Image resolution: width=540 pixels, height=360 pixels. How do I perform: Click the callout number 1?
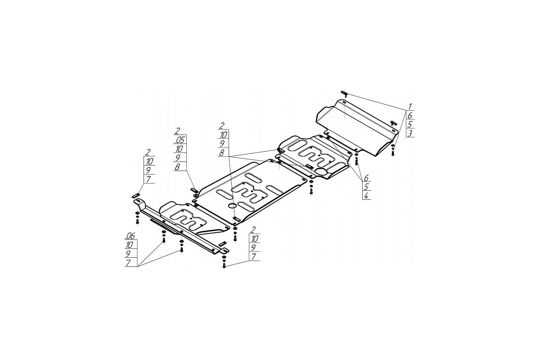point(410,106)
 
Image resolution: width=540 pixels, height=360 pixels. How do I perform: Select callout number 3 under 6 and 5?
point(409,133)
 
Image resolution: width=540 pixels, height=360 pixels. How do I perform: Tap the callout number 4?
point(366,196)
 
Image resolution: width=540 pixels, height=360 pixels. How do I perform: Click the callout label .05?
point(180,139)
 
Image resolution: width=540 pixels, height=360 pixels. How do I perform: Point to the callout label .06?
point(130,236)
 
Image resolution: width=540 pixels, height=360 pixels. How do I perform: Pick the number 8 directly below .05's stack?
point(177,166)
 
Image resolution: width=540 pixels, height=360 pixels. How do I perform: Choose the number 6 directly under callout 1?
point(410,115)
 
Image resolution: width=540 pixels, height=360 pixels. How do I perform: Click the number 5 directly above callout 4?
point(366,187)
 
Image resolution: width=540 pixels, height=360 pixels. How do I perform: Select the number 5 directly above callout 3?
point(410,124)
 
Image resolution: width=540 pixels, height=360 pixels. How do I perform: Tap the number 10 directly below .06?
point(130,245)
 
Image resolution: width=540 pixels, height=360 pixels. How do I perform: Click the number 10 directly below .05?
point(179,148)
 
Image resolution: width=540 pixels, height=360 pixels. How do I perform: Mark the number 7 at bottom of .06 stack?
point(128,263)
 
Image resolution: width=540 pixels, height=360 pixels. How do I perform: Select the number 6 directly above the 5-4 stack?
point(366,178)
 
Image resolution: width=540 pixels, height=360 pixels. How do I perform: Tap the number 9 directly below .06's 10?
point(128,254)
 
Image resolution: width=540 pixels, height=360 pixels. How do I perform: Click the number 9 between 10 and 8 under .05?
point(178,157)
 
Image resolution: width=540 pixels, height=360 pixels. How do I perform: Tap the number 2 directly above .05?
point(177,131)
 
